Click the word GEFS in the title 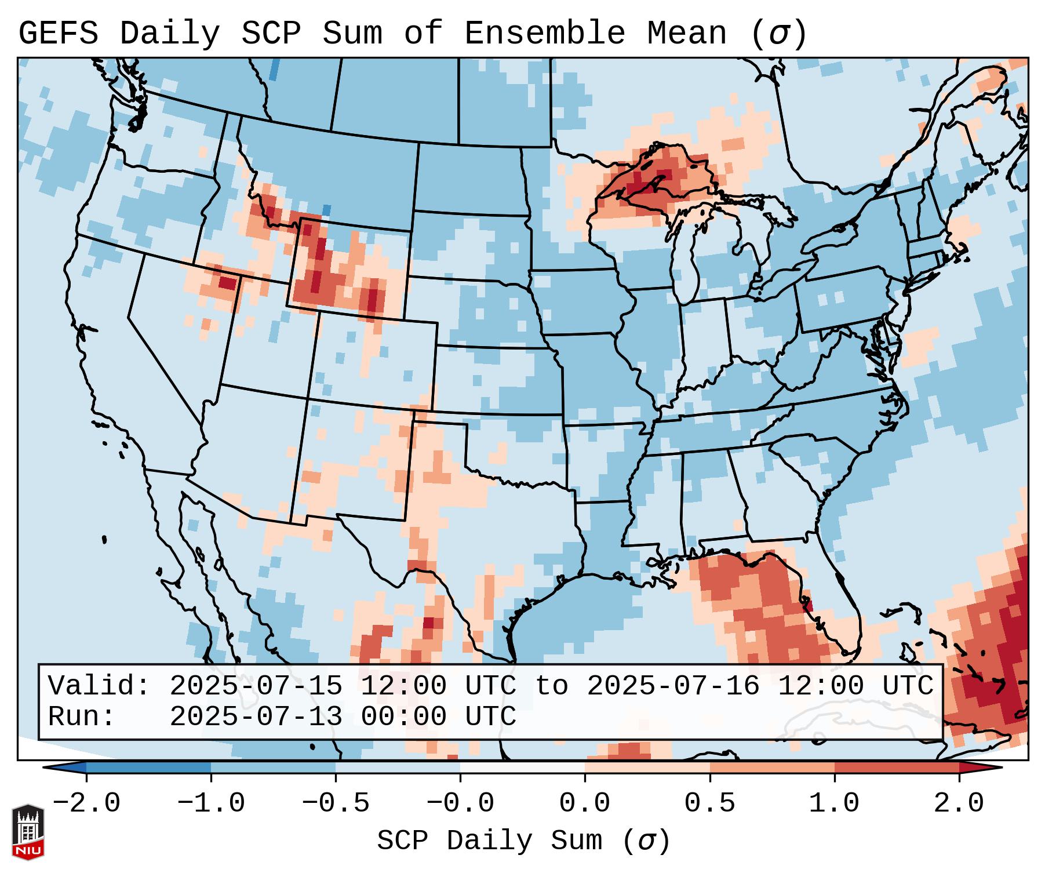click(x=58, y=34)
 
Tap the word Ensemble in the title click(x=544, y=34)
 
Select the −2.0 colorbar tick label click(x=86, y=803)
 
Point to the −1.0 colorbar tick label click(x=211, y=803)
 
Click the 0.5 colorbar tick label click(x=709, y=803)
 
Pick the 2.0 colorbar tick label click(x=959, y=803)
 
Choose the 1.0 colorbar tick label click(x=834, y=803)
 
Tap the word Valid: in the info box click(x=99, y=686)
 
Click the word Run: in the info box click(x=82, y=716)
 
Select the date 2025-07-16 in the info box click(x=673, y=686)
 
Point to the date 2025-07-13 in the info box click(x=256, y=716)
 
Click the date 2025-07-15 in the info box click(x=256, y=686)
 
